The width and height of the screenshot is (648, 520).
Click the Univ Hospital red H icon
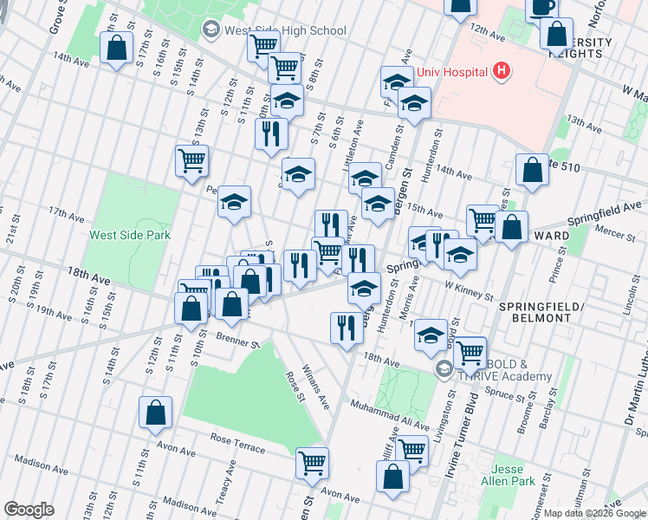click(500, 71)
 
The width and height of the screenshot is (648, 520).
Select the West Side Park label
click(130, 234)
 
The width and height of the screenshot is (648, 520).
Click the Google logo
click(29, 510)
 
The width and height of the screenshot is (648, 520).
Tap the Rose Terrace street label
click(237, 443)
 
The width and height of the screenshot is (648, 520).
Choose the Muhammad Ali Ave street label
click(390, 415)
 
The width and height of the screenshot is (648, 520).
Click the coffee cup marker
click(542, 8)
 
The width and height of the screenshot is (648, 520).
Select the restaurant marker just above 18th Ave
click(346, 328)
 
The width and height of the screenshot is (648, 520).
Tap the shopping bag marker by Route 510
click(532, 171)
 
